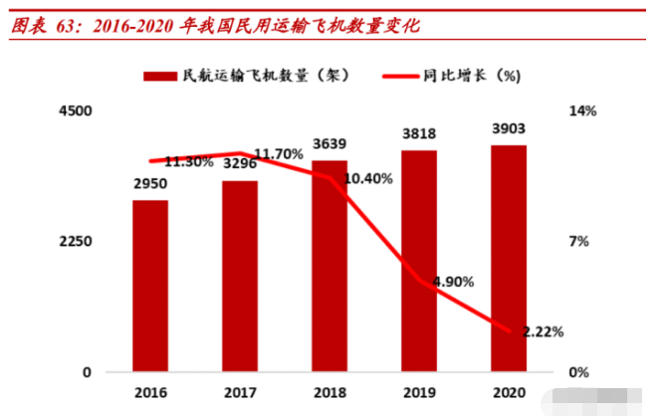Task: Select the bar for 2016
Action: coord(150,286)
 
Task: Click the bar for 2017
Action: coord(240,276)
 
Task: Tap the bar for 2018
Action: coord(330,266)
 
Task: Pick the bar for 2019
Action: coord(419,261)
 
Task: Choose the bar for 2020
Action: coord(509,258)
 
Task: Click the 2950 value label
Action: coord(150,184)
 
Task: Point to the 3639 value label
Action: coord(330,144)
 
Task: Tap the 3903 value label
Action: coord(509,129)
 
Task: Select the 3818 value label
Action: coord(419,134)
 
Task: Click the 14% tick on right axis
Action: coord(581,110)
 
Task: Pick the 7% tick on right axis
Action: coord(578,242)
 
